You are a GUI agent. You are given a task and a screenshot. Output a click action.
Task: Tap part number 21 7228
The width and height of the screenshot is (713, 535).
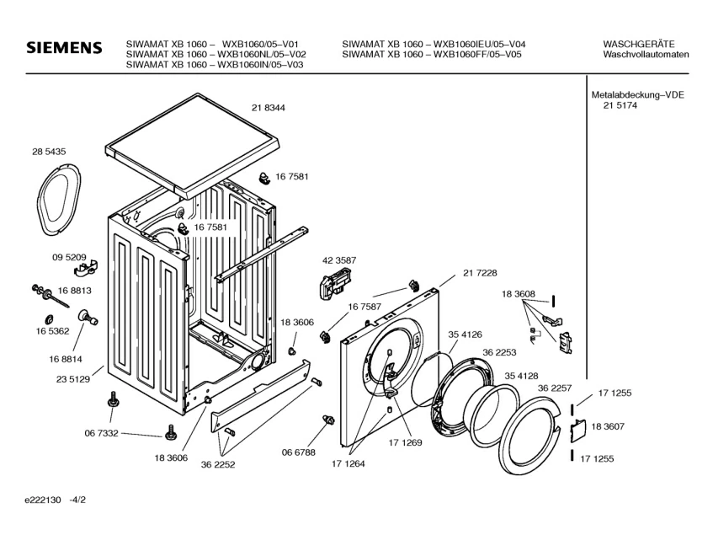pos(480,272)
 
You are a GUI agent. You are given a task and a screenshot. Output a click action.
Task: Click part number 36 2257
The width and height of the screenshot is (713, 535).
pos(555,388)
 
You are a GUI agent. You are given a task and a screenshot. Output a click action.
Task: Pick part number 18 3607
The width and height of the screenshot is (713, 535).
pos(608,426)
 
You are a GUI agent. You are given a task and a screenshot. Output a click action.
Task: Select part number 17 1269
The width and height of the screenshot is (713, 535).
pos(405,442)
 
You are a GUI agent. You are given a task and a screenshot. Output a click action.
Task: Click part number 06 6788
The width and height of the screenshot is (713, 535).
pos(298,452)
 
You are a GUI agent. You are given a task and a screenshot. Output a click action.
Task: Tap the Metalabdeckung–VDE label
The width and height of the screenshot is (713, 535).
pos(637,95)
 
